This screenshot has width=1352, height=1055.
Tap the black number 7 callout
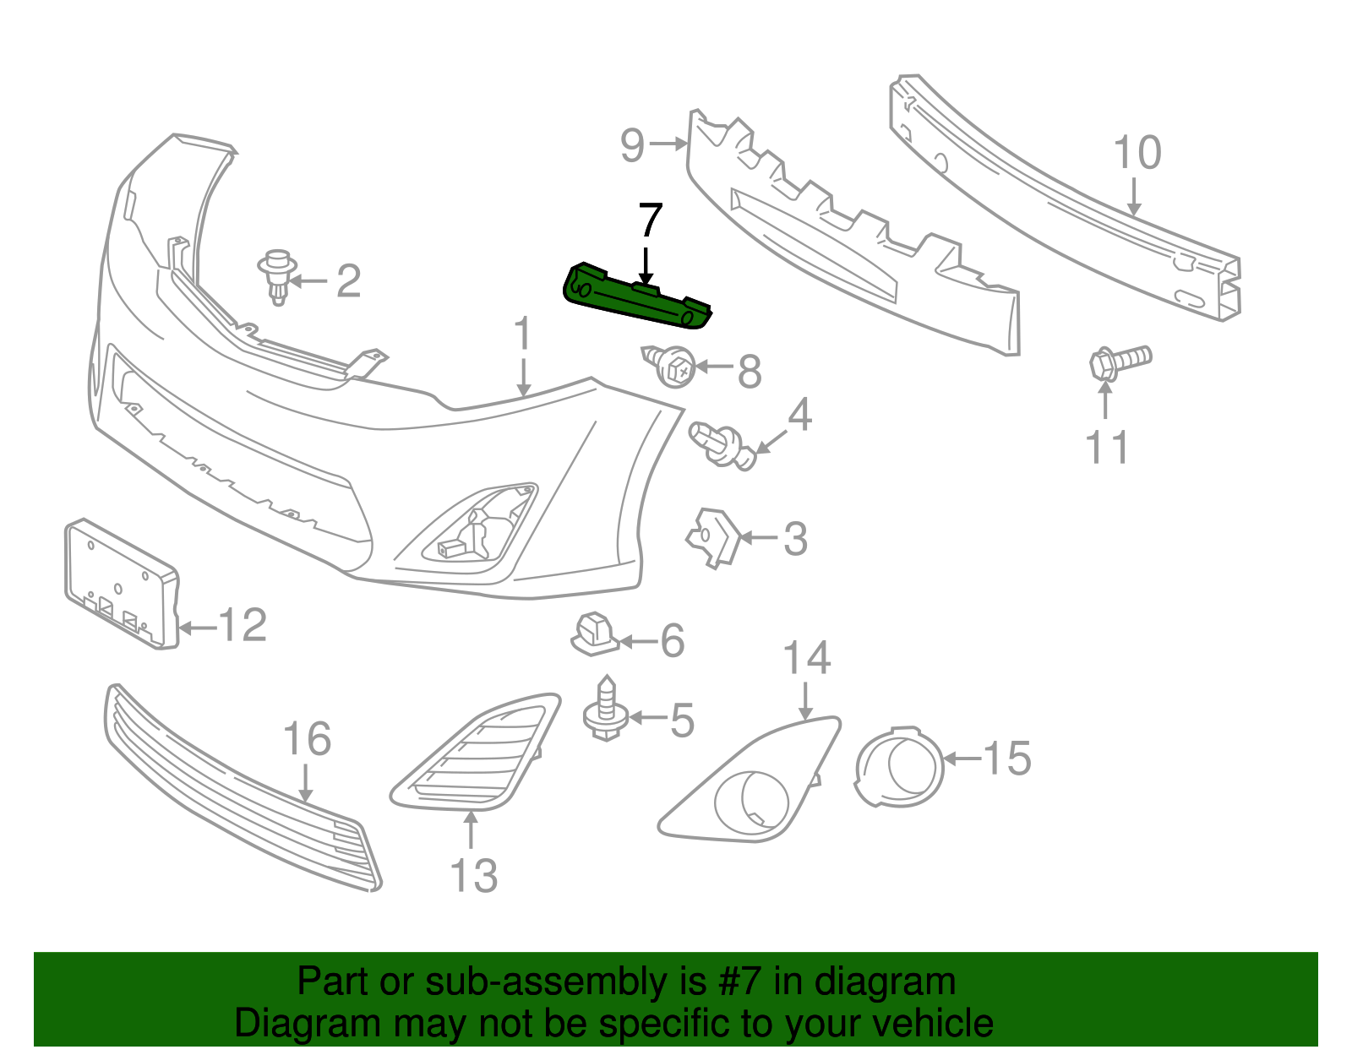click(x=649, y=221)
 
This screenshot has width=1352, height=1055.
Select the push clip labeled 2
click(x=277, y=275)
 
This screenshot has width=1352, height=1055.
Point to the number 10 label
click(x=1137, y=153)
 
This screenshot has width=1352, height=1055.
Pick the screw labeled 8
click(x=673, y=367)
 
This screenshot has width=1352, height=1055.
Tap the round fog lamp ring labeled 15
click(x=898, y=765)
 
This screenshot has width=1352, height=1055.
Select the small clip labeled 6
click(x=595, y=634)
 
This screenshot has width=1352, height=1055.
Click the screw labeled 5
click(x=605, y=709)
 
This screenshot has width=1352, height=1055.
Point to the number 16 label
click(x=306, y=739)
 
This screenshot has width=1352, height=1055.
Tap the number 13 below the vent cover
click(x=473, y=875)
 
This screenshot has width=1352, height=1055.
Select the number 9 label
click(x=633, y=145)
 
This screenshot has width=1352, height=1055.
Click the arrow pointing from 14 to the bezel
click(x=805, y=700)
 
